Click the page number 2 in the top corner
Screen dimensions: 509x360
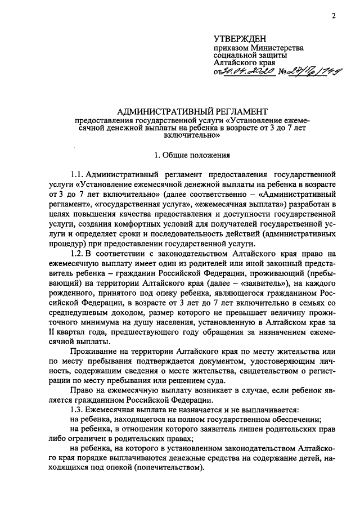(334, 16)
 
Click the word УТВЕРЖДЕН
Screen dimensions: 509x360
(240, 38)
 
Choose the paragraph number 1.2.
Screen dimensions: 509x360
(77, 254)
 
